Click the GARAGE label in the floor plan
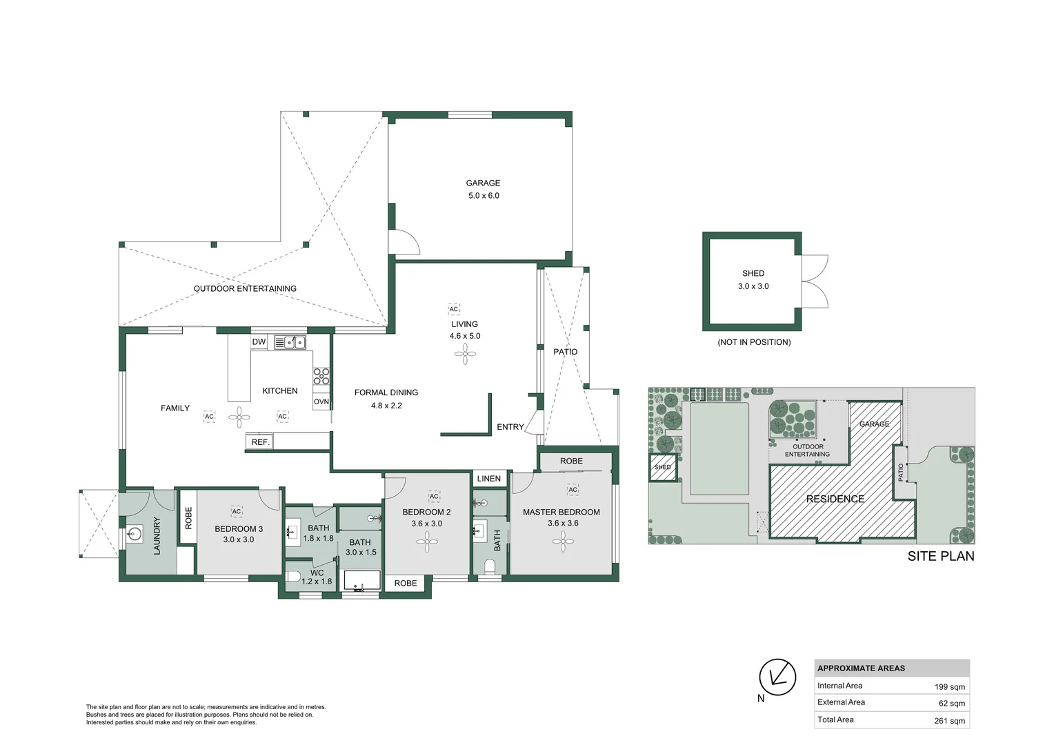click(x=483, y=183)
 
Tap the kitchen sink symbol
click(x=290, y=342)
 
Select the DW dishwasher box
click(x=259, y=342)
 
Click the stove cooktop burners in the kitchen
click(x=321, y=376)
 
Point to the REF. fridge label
click(x=260, y=442)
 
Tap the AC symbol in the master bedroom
click(x=573, y=490)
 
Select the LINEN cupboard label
click(x=489, y=479)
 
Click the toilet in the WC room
click(x=292, y=577)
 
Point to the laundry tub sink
click(x=135, y=533)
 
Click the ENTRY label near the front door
click(x=510, y=427)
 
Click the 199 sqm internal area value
click(x=949, y=687)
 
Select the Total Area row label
click(x=835, y=719)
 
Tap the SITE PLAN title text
click(x=940, y=556)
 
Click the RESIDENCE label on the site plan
click(x=835, y=499)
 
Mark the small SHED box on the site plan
click(x=663, y=468)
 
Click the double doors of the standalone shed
click(x=815, y=281)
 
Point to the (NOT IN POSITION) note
click(x=754, y=342)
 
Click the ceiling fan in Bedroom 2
click(x=427, y=542)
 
